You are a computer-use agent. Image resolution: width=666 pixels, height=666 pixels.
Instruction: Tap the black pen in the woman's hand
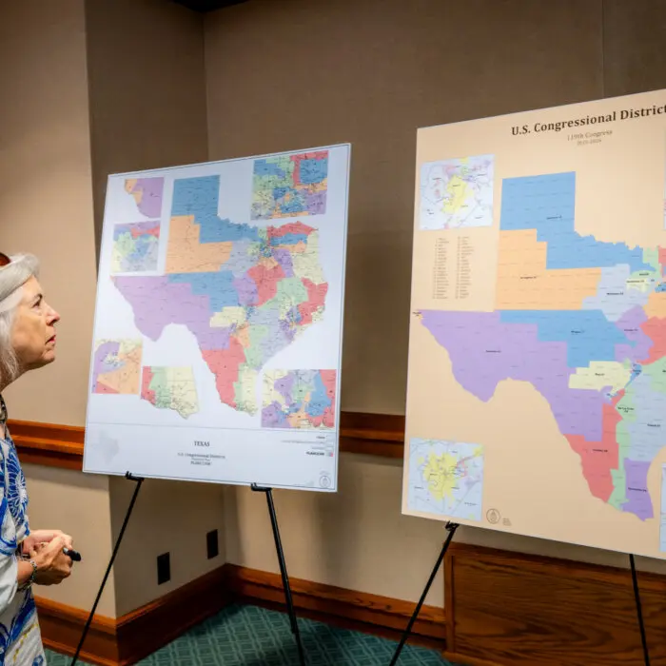click(71, 554)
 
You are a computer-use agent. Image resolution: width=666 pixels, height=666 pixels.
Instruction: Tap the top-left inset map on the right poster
click(458, 192)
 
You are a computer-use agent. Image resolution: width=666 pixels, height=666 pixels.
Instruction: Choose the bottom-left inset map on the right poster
click(445, 478)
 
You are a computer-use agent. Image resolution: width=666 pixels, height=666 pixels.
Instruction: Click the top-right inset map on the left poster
click(289, 185)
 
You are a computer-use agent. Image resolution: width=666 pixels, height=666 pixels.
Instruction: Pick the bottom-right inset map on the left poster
click(299, 399)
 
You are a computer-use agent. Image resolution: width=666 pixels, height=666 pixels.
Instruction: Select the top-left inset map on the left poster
click(146, 196)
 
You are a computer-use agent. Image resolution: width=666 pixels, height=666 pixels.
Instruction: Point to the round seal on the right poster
click(493, 516)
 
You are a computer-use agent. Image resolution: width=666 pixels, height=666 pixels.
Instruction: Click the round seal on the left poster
click(324, 480)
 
